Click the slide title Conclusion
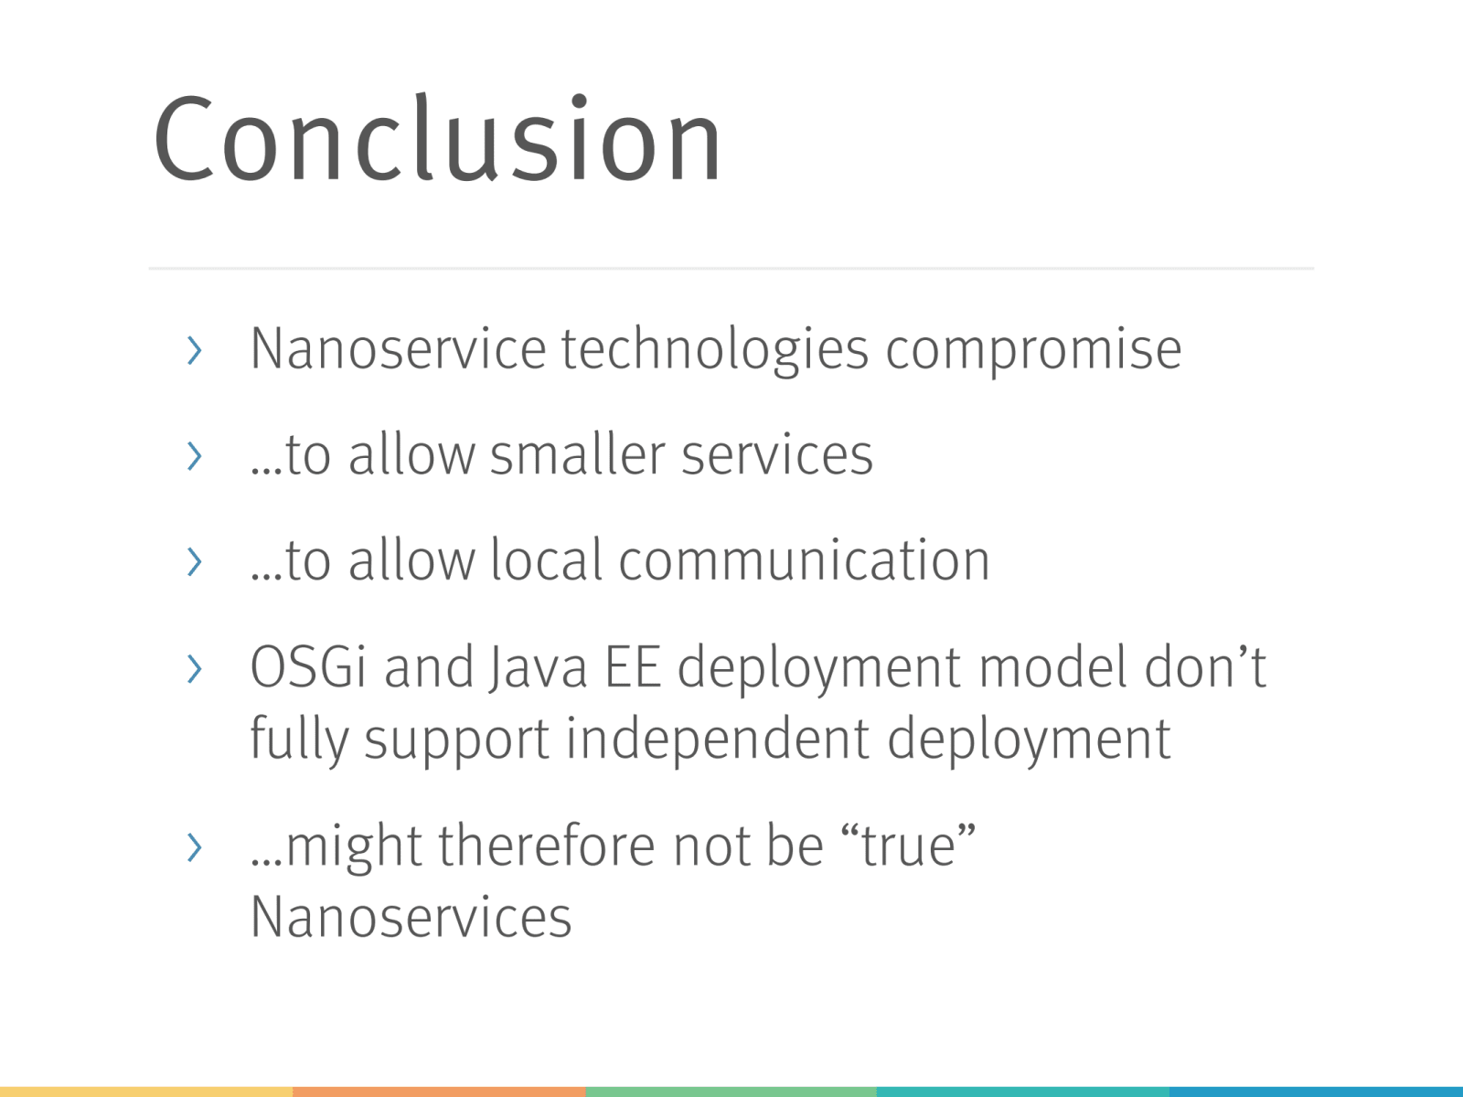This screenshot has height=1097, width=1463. coord(438,138)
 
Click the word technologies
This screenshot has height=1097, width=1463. coord(715,350)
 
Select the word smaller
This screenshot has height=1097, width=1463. coord(577,454)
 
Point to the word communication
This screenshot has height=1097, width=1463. coord(805,559)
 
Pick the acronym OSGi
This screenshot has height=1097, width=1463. coord(308,666)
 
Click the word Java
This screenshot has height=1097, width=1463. coord(538,669)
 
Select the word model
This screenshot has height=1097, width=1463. coord(1053,666)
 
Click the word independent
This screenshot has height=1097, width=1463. coord(718,740)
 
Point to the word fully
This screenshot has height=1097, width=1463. coord(299,740)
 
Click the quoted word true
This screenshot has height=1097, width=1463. coord(909,846)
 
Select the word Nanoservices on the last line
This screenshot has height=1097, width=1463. coord(411,917)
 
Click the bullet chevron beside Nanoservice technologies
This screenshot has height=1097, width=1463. coord(195,350)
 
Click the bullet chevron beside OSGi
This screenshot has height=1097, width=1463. coord(195,669)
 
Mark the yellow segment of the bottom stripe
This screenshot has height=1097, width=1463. coord(146,1092)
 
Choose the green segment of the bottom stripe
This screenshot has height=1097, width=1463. coord(731,1092)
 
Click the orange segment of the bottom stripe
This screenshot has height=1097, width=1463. coord(439,1092)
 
